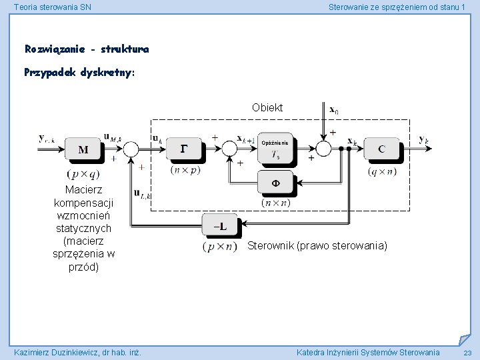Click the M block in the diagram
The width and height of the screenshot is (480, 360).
(x=83, y=149)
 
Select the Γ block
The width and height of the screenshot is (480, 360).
(x=185, y=149)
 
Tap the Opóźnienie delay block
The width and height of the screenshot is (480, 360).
(x=275, y=150)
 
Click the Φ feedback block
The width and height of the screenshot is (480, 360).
(x=275, y=181)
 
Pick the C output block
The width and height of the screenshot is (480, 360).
(x=381, y=149)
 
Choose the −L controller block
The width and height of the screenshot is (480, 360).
(x=219, y=227)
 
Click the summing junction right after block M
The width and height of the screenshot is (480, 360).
(x=131, y=149)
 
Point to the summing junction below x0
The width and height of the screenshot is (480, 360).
(x=323, y=148)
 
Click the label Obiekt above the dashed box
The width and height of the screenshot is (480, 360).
(x=267, y=107)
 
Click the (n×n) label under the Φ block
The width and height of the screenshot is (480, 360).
(x=276, y=203)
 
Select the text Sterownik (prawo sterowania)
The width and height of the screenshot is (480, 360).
(x=317, y=245)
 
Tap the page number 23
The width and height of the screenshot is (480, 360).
(x=467, y=353)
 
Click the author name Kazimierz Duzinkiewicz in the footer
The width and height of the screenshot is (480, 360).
(x=77, y=352)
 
